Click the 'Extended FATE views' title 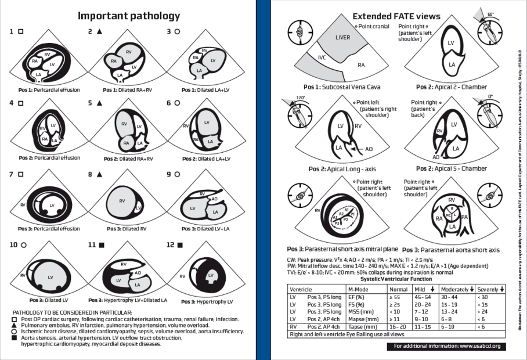[x=396, y=16]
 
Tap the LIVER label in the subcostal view [x=343, y=38]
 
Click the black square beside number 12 [x=180, y=246]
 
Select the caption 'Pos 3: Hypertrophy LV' [x=207, y=301]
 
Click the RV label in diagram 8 [x=122, y=201]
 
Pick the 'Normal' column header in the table [x=398, y=289]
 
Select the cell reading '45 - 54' [x=423, y=297]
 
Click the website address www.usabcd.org [x=471, y=347]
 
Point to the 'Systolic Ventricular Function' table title [x=396, y=279]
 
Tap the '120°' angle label [x=300, y=98]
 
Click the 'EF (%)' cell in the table [x=355, y=297]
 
